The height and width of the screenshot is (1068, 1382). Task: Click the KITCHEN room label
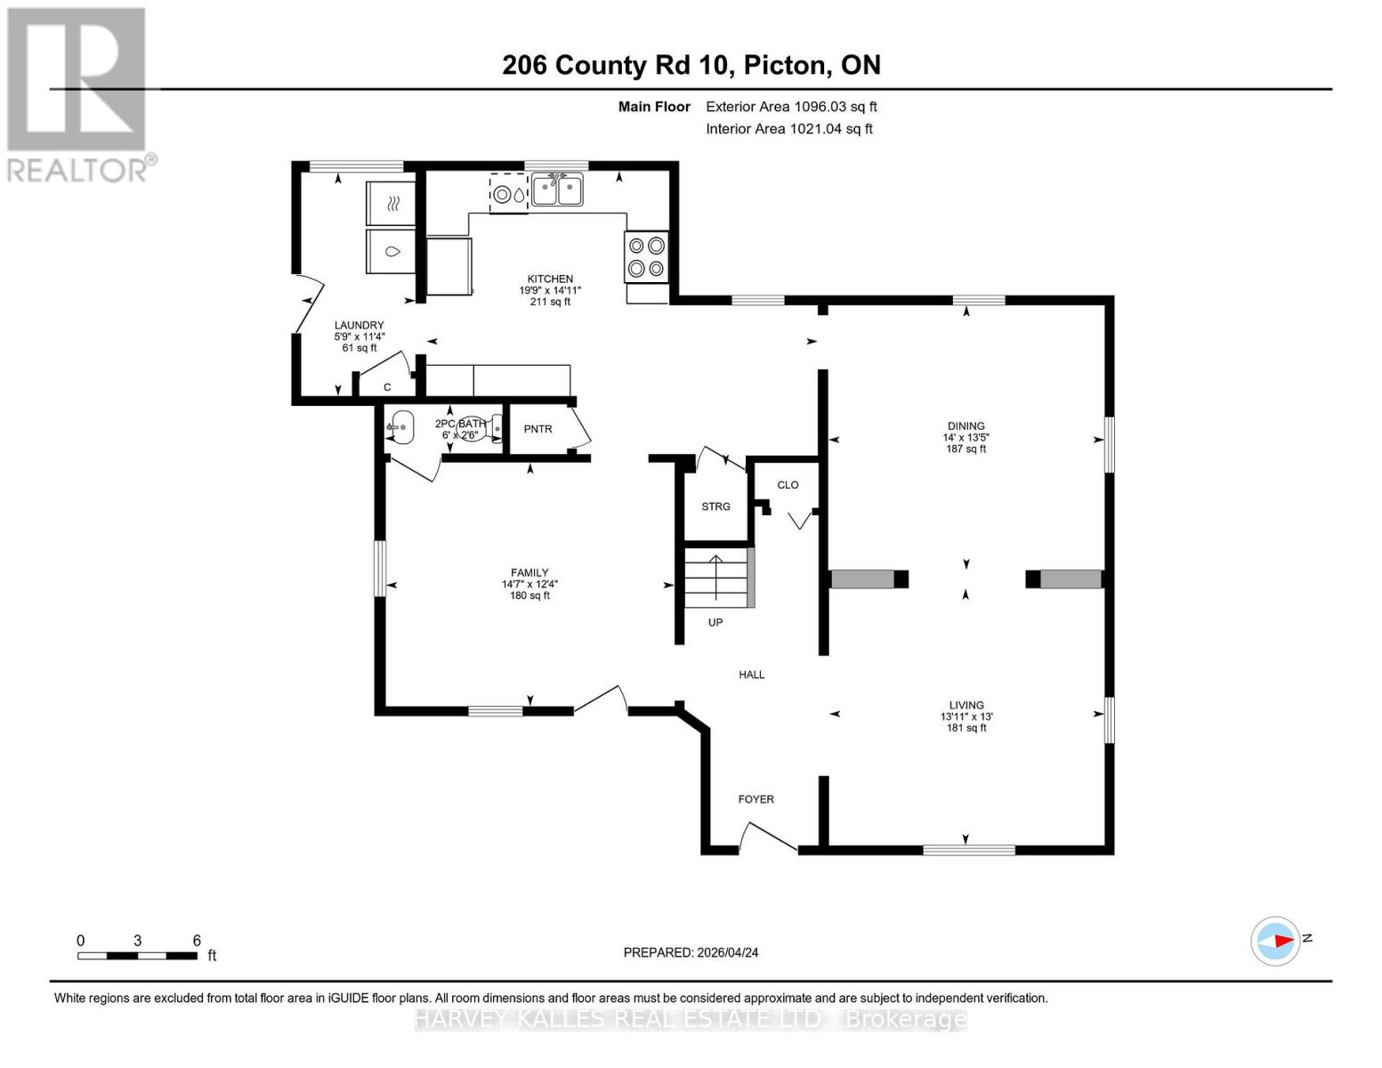pos(549,279)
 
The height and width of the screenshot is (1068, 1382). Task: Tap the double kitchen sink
pos(557,190)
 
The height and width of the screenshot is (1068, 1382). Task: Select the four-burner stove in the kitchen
pos(646,256)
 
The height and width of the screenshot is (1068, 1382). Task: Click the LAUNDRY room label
pos(359,325)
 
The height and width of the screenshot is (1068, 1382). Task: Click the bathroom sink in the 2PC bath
pos(400,428)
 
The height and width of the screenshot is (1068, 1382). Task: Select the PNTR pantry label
pos(537,429)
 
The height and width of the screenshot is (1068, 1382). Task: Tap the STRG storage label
pos(715,506)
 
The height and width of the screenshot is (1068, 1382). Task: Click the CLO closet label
pos(788,485)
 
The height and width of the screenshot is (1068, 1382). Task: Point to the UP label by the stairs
pos(715,622)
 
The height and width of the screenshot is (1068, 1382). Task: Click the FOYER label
pos(756,799)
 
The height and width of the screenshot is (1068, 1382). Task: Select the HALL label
pos(751,675)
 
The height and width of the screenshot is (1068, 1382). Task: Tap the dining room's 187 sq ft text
pos(966,449)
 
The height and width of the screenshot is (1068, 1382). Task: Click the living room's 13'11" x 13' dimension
pos(966,716)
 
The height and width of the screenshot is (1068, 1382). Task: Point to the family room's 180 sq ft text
pos(529,595)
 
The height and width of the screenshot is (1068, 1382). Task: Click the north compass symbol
pos(1276,941)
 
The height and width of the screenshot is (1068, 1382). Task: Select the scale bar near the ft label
pos(137,956)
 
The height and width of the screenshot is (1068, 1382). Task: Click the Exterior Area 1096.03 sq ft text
pos(791,107)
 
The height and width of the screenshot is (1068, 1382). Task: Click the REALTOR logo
pos(78,93)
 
